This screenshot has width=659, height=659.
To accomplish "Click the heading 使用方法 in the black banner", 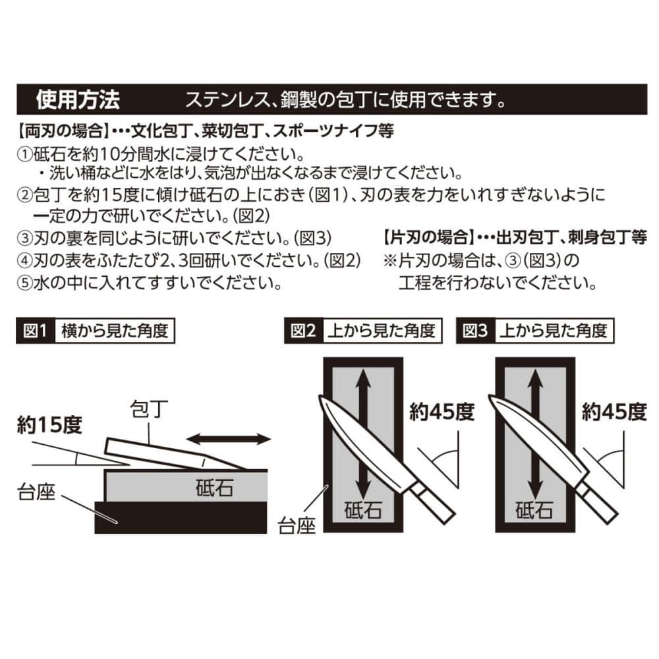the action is (78, 100).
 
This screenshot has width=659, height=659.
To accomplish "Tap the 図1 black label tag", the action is (36, 331).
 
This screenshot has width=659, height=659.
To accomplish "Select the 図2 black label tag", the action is (303, 331).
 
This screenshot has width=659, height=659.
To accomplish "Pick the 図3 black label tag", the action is (475, 331).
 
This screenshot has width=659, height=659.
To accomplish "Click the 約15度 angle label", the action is (49, 425).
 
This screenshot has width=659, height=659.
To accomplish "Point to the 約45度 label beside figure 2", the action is (442, 412).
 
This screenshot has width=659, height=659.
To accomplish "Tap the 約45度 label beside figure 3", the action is (614, 412).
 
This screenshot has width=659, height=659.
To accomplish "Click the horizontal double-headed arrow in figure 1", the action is (229, 440).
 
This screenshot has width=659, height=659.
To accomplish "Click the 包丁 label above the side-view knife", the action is (149, 409).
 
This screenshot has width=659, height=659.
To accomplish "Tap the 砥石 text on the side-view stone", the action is (214, 488).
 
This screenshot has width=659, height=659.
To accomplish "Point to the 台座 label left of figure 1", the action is (36, 492).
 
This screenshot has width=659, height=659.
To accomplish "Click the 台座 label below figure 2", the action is (297, 525).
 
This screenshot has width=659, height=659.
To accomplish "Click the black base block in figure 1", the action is (181, 518).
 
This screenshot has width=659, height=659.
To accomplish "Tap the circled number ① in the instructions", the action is (24, 154).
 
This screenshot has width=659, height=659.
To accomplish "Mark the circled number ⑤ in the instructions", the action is (24, 283).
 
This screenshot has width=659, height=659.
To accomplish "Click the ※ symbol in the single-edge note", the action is (389, 260).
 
